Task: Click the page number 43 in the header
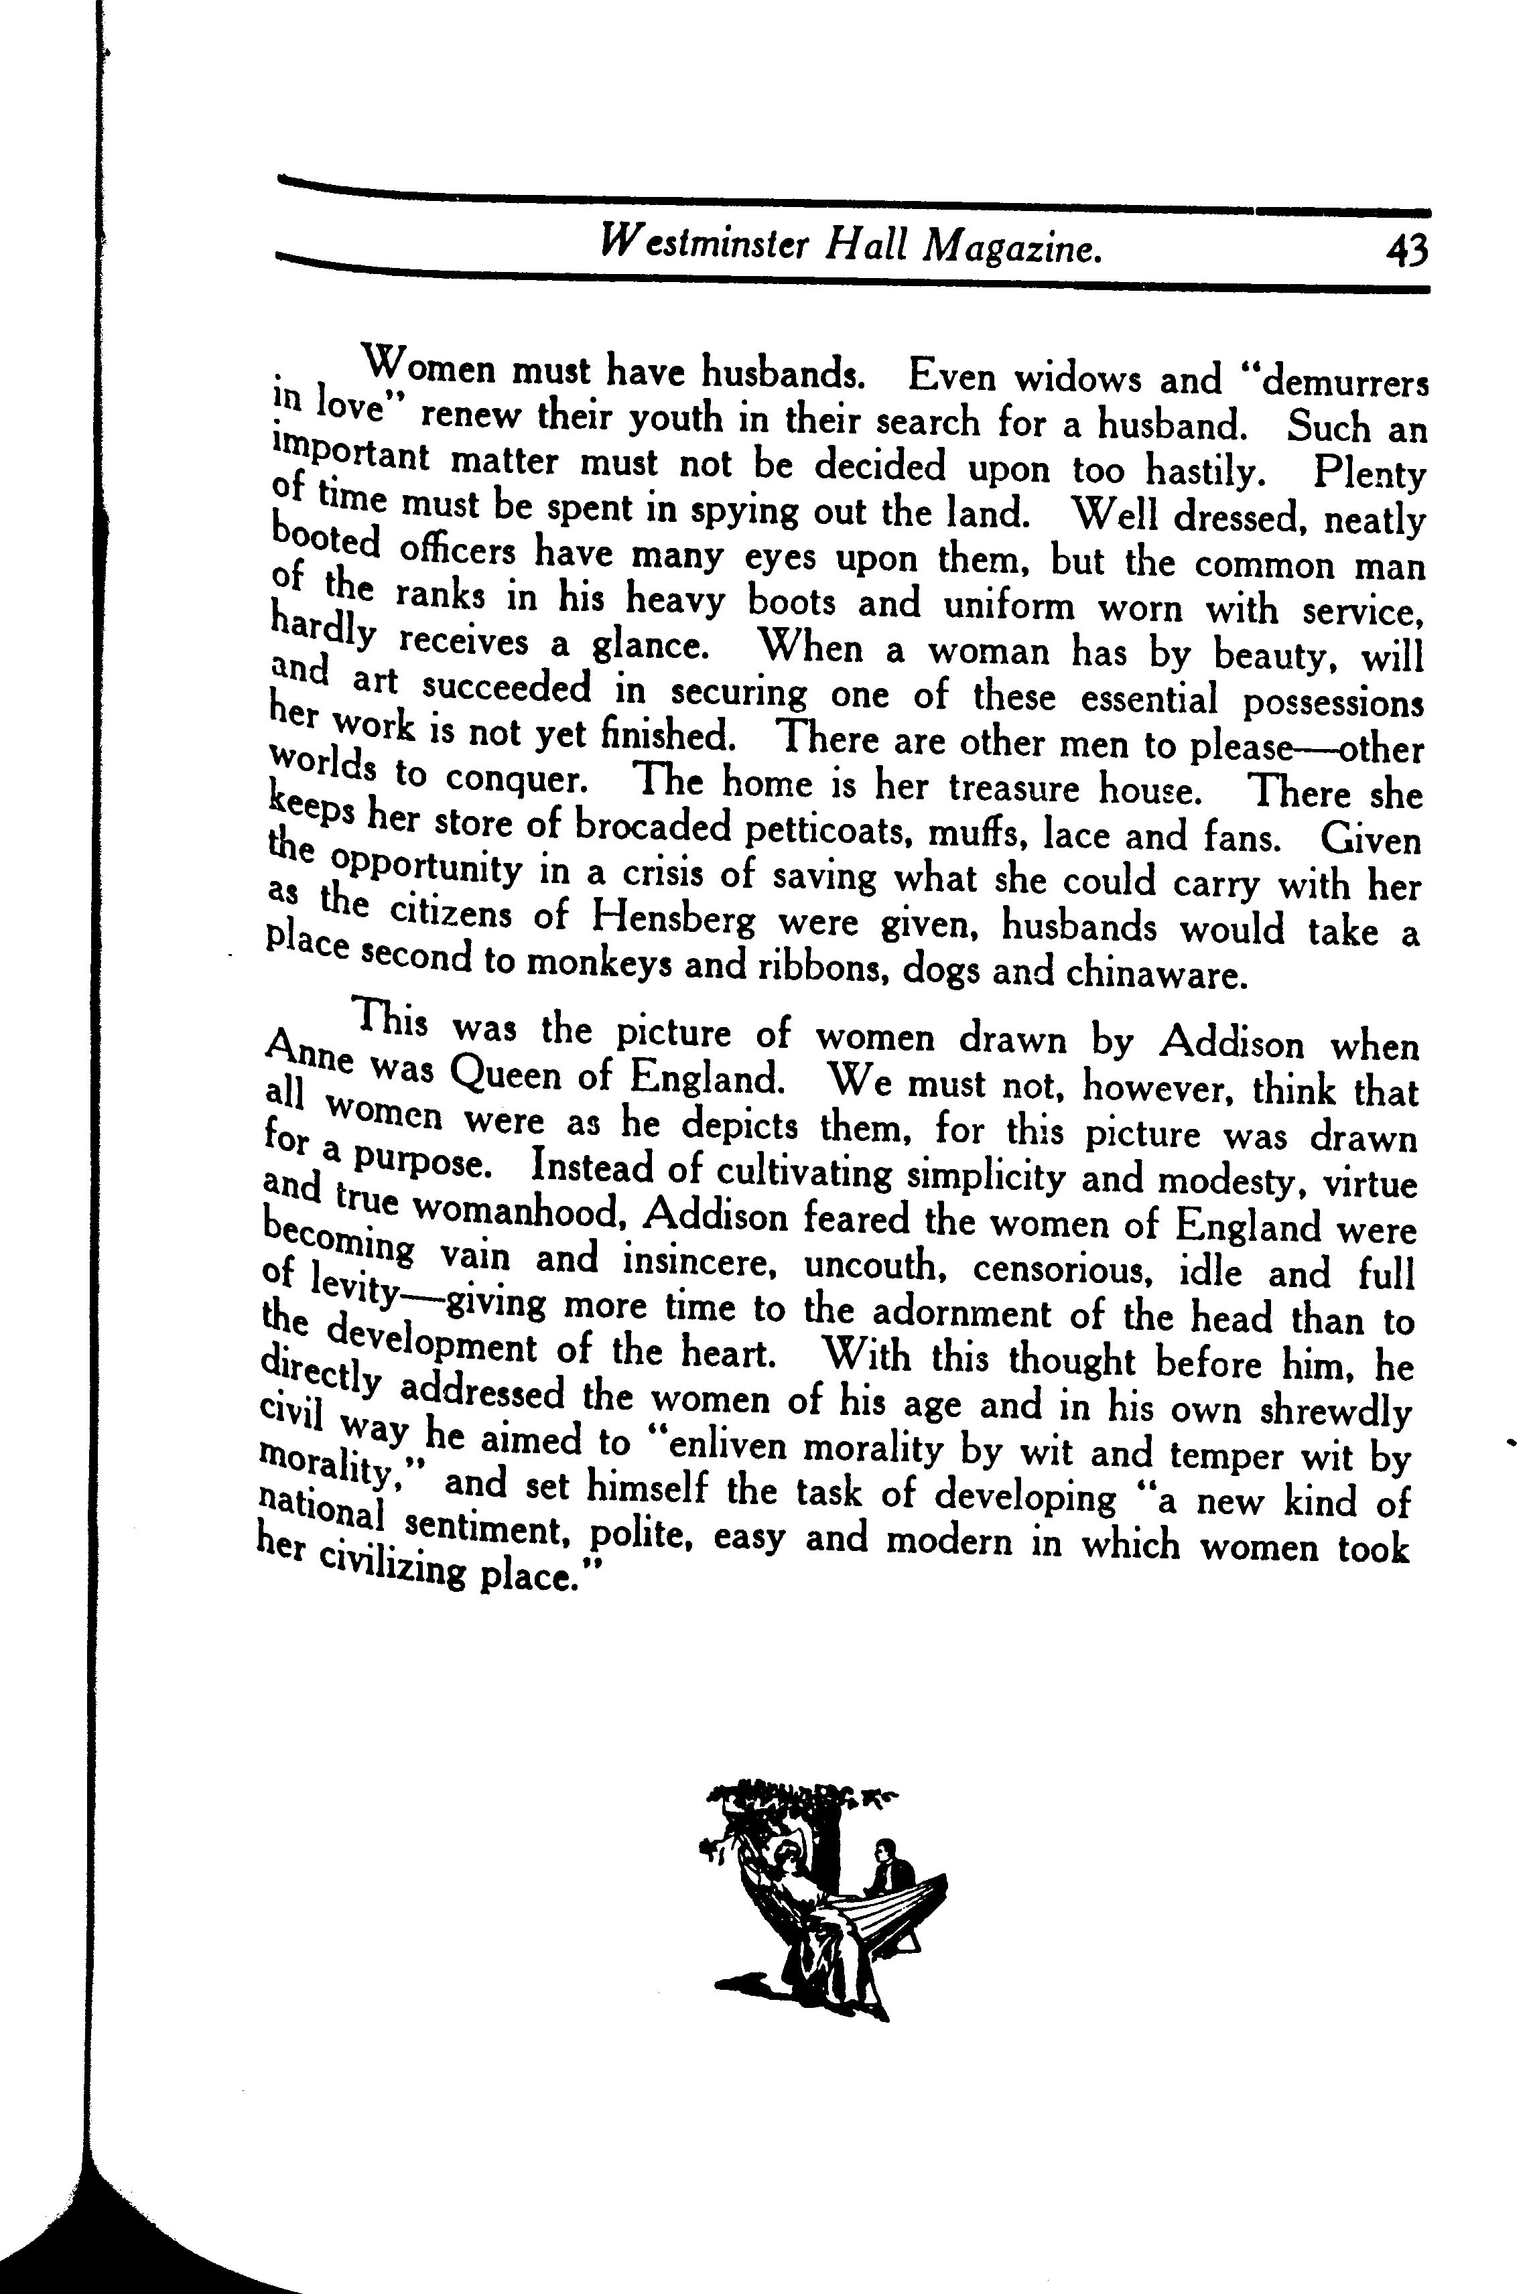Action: click(x=1404, y=251)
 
